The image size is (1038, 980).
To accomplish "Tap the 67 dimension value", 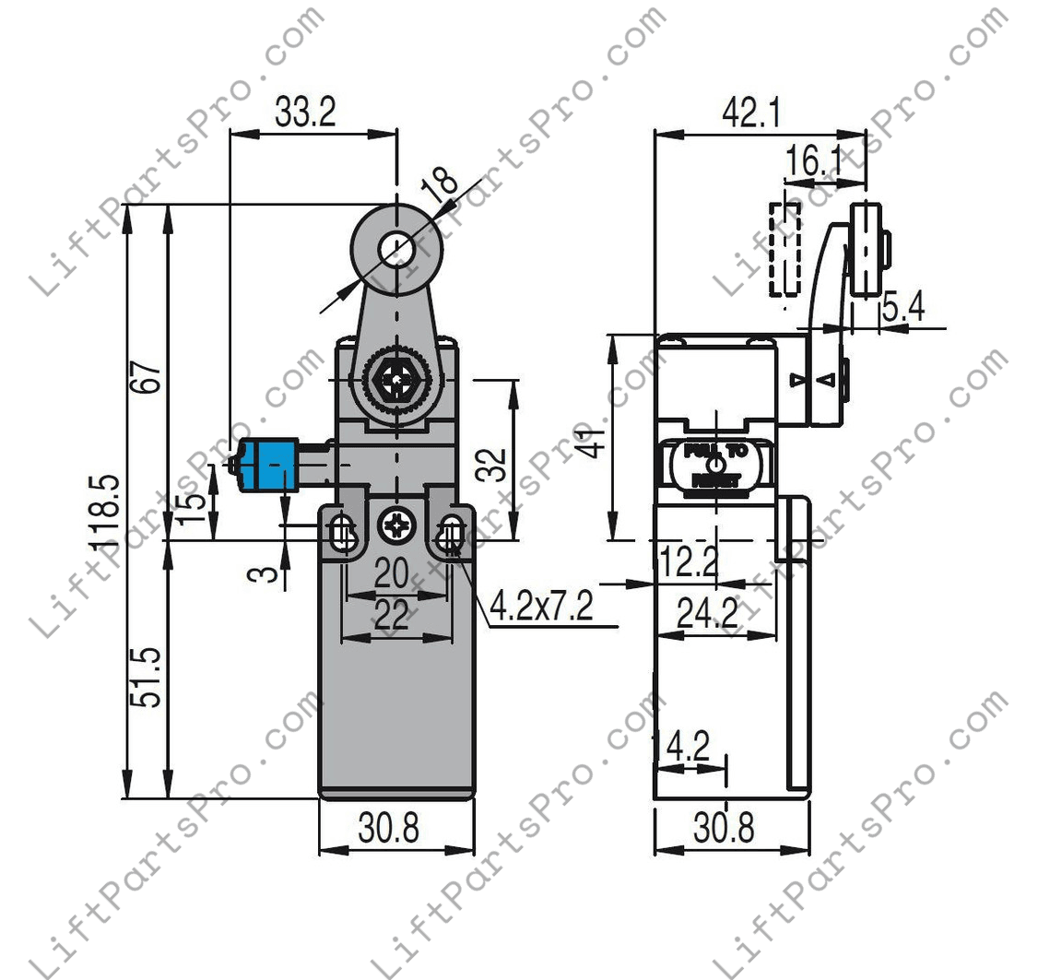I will click(x=150, y=371).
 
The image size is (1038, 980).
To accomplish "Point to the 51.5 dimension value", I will click(x=150, y=677).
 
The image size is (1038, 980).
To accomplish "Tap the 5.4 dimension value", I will click(x=903, y=309).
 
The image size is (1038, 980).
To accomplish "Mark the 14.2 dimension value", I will click(x=682, y=747).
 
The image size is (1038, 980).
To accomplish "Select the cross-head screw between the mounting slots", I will click(x=396, y=527).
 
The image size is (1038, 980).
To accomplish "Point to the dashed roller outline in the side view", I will click(x=785, y=249).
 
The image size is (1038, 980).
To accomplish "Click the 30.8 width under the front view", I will click(x=389, y=829).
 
